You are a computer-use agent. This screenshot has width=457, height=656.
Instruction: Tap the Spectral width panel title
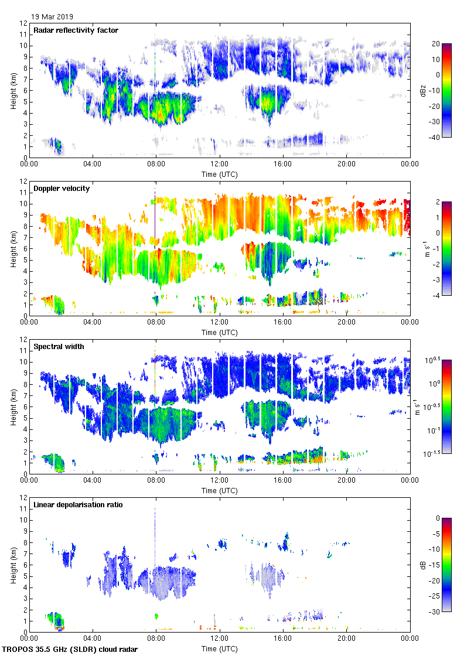tap(59, 347)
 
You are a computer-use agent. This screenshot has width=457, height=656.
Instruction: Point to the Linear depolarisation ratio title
tap(78, 505)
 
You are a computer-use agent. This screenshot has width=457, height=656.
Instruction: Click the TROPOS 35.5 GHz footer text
tap(70, 650)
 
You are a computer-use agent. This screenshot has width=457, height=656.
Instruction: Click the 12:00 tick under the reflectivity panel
tap(219, 165)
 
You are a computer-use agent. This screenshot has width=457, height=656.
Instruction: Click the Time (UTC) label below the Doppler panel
tap(220, 332)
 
